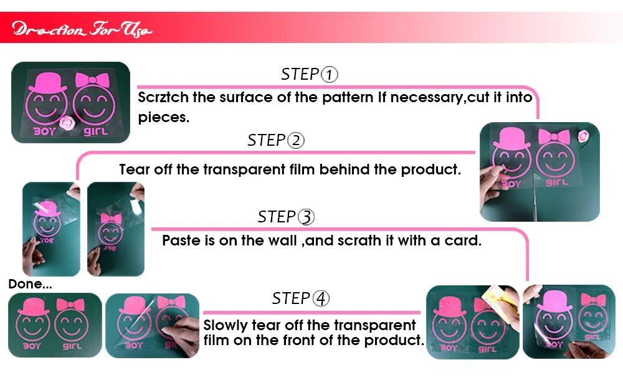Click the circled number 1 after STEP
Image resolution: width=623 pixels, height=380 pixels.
(x=329, y=74)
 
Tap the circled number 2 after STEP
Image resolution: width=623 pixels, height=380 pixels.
(x=295, y=140)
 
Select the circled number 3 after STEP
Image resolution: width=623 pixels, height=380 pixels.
(x=306, y=217)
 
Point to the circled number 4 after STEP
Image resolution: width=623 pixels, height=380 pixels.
(x=321, y=298)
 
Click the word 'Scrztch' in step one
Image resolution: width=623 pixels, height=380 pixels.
(x=163, y=97)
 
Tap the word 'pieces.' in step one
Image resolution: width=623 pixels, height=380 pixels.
(x=163, y=118)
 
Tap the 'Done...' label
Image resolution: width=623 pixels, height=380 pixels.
(x=30, y=284)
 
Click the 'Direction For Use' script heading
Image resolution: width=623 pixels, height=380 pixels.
(x=82, y=29)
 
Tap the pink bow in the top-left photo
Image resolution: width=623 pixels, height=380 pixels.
(x=92, y=80)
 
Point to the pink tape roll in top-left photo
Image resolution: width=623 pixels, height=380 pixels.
(x=67, y=123)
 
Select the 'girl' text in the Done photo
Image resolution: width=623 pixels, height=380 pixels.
(x=72, y=346)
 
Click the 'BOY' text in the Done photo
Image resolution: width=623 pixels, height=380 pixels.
(x=31, y=346)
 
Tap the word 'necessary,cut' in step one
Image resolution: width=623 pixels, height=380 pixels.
(x=440, y=98)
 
